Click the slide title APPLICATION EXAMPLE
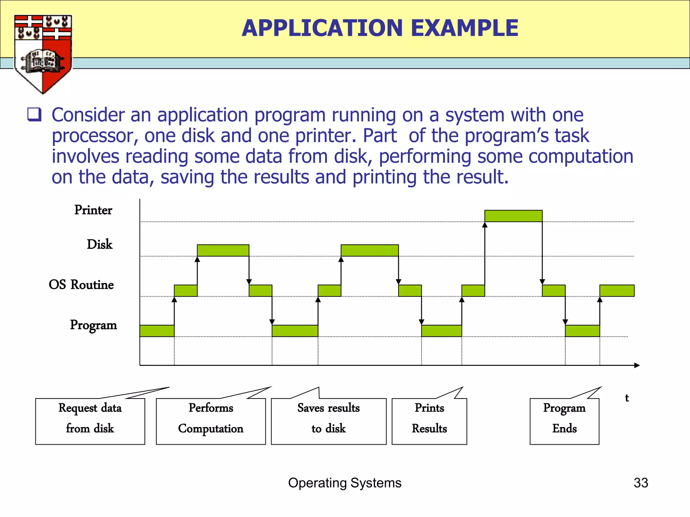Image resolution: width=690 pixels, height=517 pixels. (380, 28)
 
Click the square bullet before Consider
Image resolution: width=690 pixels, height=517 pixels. (34, 115)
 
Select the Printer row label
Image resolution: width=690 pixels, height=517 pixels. (93, 210)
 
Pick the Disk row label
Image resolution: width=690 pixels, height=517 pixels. (99, 244)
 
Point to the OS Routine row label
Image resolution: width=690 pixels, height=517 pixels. (81, 285)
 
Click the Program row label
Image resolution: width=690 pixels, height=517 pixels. (93, 325)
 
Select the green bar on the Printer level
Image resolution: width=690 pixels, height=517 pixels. (513, 216)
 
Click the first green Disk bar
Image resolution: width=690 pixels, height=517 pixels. (223, 250)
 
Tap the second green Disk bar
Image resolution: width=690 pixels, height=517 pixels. (370, 250)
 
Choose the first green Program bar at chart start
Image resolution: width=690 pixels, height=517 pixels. (157, 331)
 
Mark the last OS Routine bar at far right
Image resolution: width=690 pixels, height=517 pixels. (617, 291)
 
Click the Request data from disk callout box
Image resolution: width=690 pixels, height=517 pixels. (90, 421)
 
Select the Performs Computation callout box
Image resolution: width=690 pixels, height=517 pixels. (211, 421)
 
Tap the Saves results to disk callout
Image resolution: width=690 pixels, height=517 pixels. (328, 421)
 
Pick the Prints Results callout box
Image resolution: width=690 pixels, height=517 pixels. (429, 421)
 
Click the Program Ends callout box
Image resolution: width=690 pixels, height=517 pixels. (564, 421)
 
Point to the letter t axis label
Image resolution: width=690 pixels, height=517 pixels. (627, 398)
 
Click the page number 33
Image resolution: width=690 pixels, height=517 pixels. (641, 483)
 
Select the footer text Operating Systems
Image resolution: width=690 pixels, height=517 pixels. (345, 483)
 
